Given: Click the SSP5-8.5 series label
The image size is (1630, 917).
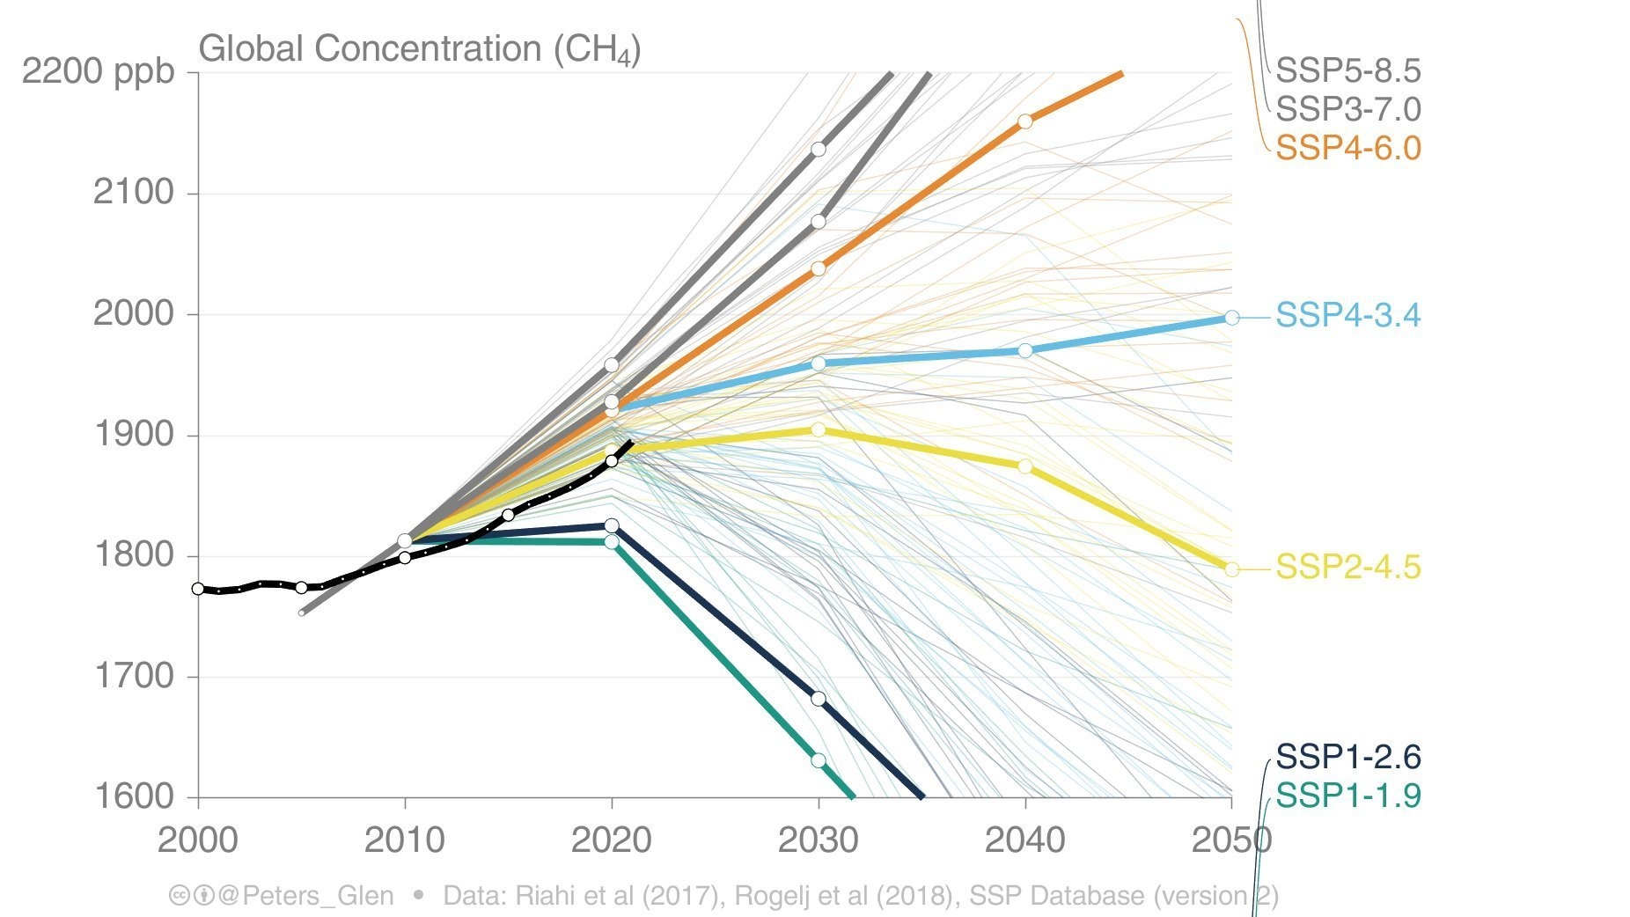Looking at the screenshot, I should pos(1347,71).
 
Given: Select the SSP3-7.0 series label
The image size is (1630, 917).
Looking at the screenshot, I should pos(1347,109).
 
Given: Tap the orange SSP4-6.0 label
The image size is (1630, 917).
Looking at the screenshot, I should pos(1347,148).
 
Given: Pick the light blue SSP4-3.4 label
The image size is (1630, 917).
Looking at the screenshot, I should pos(1347,315).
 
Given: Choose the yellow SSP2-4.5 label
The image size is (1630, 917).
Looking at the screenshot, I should pos(1347,568).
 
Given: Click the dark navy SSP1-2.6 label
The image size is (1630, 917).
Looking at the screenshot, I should pos(1347,757).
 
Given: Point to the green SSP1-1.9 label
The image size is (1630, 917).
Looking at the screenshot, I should pos(1347,796).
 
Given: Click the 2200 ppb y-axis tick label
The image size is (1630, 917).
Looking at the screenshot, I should pos(99,71).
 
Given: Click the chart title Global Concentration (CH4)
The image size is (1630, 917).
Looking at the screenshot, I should pos(420,49).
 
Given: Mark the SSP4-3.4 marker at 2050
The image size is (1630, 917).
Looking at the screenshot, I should pos(1231,318).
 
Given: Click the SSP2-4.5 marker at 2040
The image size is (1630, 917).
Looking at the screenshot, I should pos(1025,466).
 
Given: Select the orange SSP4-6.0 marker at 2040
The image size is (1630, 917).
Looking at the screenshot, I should pos(1025,121).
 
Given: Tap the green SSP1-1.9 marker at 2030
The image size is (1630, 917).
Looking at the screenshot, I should pos(819,760).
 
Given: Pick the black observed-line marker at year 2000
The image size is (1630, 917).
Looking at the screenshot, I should pos(198,589).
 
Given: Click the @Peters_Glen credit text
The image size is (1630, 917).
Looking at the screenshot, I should pos(305,896).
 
